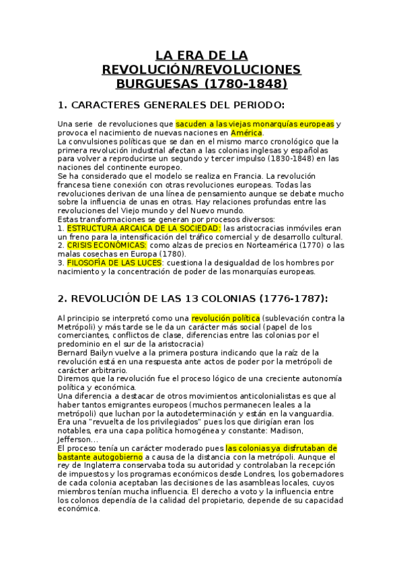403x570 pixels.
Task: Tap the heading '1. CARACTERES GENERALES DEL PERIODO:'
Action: click(172, 106)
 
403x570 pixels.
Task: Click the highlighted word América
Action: click(246, 132)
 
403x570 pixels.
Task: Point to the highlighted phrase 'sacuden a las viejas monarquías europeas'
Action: click(255, 124)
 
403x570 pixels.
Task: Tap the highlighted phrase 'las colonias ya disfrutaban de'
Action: click(281, 448)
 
